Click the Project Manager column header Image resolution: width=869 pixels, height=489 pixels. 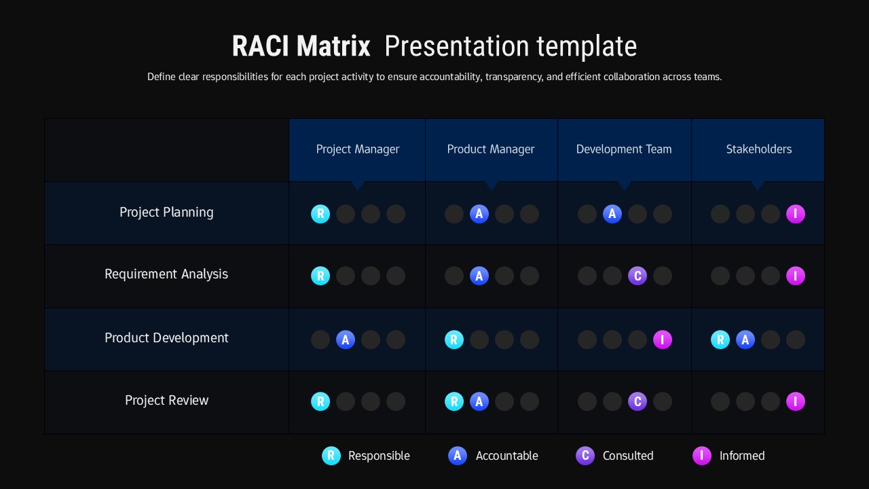click(x=358, y=149)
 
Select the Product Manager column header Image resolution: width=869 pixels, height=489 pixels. click(x=491, y=149)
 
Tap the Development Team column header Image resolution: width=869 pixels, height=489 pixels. click(x=624, y=149)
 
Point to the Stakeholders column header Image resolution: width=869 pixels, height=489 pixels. click(x=758, y=149)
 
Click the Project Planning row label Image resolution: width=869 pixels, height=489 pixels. click(x=166, y=213)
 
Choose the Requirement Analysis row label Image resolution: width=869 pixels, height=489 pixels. click(x=166, y=274)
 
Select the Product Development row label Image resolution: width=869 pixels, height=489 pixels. click(x=166, y=338)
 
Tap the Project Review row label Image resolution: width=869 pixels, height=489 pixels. click(x=166, y=401)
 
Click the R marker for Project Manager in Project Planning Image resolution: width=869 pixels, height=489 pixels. click(x=320, y=215)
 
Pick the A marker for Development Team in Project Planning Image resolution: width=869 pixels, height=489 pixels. click(x=612, y=215)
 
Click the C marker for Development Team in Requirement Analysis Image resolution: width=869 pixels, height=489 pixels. click(x=637, y=276)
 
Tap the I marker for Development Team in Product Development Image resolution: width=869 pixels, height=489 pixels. click(x=663, y=340)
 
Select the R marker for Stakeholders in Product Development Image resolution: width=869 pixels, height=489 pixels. click(x=720, y=340)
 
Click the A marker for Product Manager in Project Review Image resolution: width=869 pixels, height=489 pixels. click(x=479, y=402)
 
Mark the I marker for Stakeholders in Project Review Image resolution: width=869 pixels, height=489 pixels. click(x=796, y=402)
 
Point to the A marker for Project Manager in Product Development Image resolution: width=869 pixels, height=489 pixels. click(x=346, y=340)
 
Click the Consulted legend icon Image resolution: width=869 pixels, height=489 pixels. click(x=585, y=456)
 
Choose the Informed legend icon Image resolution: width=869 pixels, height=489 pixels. click(x=702, y=456)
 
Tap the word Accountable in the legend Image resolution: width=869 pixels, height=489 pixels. click(x=506, y=456)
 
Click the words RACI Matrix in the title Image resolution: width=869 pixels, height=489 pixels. click(x=301, y=47)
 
